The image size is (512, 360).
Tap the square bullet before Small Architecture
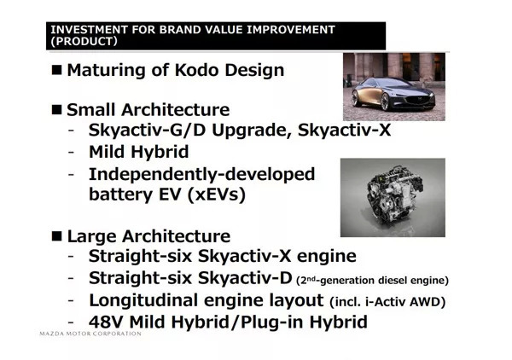coord(56,110)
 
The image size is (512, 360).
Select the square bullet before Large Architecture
coord(56,236)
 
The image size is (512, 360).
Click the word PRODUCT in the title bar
coord(84,42)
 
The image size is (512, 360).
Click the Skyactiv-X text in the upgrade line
coord(344,130)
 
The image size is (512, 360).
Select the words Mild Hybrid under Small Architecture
coord(139,152)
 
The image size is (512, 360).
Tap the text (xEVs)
coord(217,195)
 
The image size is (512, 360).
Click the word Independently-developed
coord(201,175)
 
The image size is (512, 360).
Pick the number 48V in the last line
coord(107,322)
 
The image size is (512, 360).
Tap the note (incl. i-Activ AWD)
coord(387,302)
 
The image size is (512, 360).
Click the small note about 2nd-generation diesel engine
coord(373,281)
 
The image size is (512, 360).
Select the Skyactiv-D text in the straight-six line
coord(245,278)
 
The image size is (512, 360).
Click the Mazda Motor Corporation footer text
coord(90,334)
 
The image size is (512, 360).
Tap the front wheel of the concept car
coord(385,102)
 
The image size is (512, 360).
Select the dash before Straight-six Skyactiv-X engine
coord(71,257)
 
